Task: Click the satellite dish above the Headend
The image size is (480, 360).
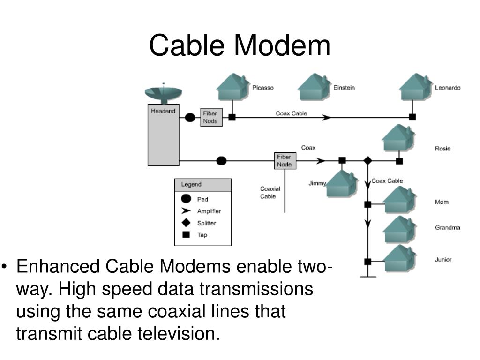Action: point(164,93)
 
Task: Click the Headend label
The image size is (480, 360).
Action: point(163,111)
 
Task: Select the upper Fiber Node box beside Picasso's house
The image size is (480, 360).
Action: point(211,117)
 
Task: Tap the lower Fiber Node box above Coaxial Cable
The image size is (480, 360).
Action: point(285,161)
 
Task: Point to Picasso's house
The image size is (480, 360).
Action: point(233,87)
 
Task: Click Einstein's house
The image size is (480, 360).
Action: point(314,87)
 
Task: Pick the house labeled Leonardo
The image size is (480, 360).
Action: point(416,87)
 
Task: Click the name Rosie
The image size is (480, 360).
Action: point(442,149)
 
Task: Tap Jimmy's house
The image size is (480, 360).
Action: point(342,183)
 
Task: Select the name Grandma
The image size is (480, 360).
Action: point(448,227)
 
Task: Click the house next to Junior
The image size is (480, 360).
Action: point(400,258)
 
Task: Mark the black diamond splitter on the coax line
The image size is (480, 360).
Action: point(367,160)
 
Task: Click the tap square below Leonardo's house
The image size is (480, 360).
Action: point(412,117)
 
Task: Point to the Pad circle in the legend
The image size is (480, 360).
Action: point(186,199)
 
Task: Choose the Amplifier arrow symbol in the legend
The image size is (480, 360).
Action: point(186,211)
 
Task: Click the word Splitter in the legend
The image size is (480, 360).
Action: point(207,223)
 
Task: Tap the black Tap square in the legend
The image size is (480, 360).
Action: point(186,235)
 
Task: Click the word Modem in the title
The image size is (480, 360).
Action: point(282,45)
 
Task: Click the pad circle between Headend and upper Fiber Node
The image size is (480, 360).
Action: point(190,117)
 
